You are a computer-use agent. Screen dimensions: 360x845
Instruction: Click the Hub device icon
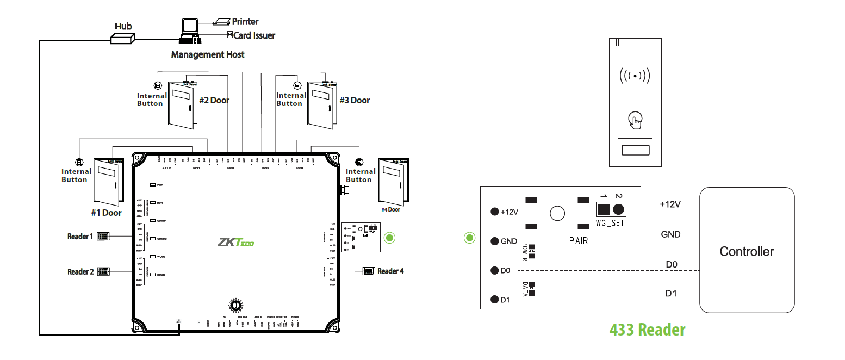click(x=122, y=38)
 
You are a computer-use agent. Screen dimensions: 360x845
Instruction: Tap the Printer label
click(x=245, y=22)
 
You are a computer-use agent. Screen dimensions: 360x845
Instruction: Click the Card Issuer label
click(x=254, y=35)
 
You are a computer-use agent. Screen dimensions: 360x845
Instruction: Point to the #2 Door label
click(x=214, y=100)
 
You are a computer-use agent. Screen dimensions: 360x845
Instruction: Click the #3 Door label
click(x=355, y=100)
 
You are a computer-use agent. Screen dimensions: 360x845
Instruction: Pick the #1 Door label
click(x=106, y=213)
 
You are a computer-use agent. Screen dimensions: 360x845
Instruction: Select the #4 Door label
click(x=390, y=209)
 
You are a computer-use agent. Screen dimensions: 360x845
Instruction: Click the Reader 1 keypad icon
click(x=103, y=237)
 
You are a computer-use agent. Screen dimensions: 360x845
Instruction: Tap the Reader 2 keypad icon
click(x=103, y=271)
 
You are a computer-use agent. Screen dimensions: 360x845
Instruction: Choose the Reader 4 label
click(x=390, y=271)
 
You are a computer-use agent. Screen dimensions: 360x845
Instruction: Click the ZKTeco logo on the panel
click(x=235, y=242)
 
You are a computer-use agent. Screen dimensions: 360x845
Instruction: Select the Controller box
click(x=746, y=251)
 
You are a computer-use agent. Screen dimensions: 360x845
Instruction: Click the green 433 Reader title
click(x=647, y=330)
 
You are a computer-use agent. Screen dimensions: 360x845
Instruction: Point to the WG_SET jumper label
click(x=610, y=223)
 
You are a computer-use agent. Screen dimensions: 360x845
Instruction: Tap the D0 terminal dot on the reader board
click(x=495, y=270)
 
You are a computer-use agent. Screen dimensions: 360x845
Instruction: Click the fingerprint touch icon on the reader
click(x=634, y=120)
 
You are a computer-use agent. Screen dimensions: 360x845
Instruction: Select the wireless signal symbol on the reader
click(x=635, y=75)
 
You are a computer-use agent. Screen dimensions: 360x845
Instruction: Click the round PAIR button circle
click(x=557, y=213)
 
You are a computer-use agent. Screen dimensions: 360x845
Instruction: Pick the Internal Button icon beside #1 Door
click(x=79, y=162)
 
